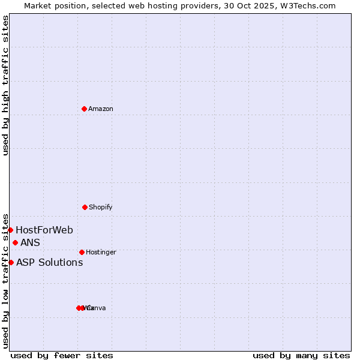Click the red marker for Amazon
(84, 109)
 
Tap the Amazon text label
(101, 109)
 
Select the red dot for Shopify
(85, 207)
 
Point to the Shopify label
(101, 207)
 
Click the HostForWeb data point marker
(10, 230)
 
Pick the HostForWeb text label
(44, 230)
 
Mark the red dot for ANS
(15, 242)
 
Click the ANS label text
(30, 243)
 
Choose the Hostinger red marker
(82, 252)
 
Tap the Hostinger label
(101, 252)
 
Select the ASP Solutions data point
(11, 262)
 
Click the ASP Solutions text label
(49, 263)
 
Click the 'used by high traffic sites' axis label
(5, 85)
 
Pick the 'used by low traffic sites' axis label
(5, 281)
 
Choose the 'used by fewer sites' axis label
(62, 355)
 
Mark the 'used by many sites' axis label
(301, 355)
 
